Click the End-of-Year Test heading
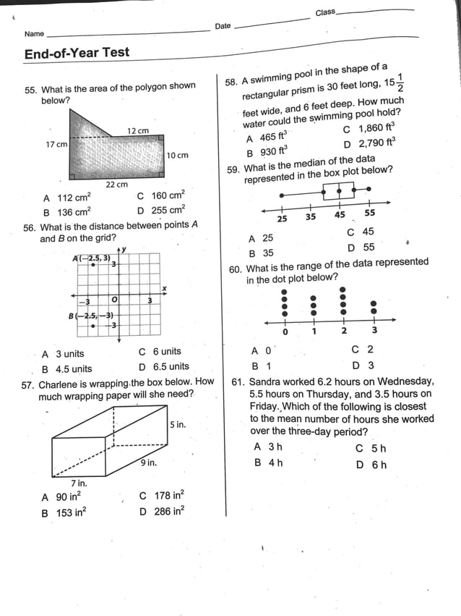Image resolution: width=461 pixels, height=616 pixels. [x=77, y=53]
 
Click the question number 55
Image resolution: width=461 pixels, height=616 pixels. [x=30, y=90]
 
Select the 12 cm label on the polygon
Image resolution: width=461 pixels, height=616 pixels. [x=138, y=130]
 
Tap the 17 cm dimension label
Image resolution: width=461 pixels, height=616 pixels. [x=56, y=145]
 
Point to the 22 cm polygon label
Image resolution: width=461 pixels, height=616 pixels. [x=116, y=185]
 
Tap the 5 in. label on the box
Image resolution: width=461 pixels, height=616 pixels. [x=178, y=424]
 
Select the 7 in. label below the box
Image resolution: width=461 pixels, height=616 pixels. [x=79, y=483]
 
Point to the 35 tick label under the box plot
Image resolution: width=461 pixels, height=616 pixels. [x=310, y=216]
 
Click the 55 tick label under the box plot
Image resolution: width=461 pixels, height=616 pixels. [x=369, y=214]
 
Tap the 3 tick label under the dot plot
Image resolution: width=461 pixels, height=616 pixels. [x=374, y=330]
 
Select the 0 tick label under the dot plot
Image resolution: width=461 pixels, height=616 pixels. [x=285, y=332]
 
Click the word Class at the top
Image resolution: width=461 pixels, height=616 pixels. [x=325, y=12]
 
